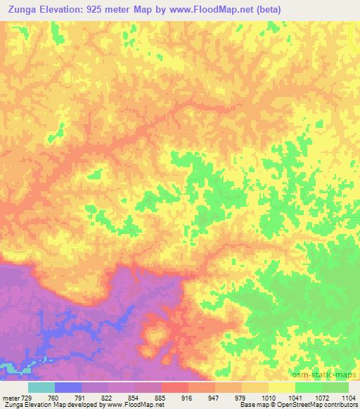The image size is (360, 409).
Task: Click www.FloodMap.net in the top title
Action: click(240, 10)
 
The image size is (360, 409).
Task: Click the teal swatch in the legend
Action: click(41, 387)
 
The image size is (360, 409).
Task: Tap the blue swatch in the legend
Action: click(68, 387)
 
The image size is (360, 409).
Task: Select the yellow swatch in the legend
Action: click(281, 387)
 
